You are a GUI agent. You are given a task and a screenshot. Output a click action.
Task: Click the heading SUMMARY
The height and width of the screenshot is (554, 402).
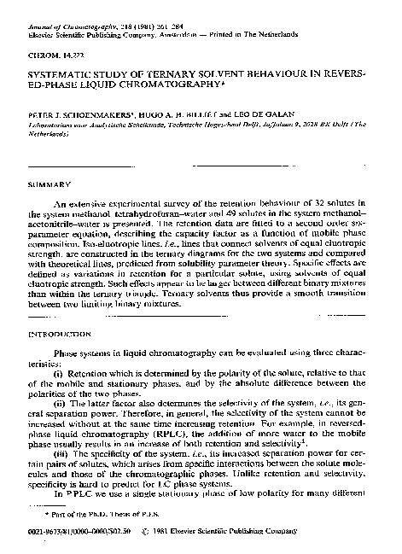point(44,184)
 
